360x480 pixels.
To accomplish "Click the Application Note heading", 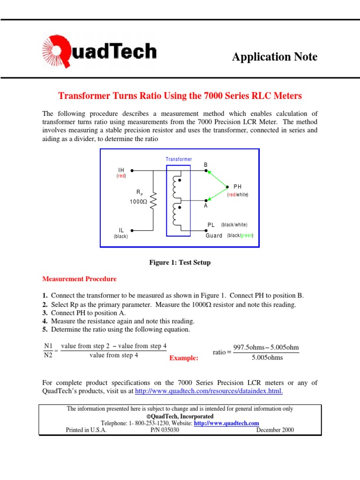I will (275, 57).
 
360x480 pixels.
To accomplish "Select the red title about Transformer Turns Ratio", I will (180, 96).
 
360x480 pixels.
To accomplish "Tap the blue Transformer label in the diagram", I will (179, 159).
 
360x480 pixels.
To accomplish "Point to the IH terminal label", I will (121, 171).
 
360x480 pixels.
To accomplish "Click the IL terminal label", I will (121, 230).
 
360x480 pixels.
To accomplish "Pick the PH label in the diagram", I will (237, 187).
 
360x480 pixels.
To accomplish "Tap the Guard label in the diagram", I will (214, 235).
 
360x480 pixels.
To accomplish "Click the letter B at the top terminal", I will (205, 165).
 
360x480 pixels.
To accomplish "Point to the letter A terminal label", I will (205, 206).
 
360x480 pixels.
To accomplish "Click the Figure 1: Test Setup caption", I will (180, 262).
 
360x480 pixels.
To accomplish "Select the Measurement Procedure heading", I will (79, 279).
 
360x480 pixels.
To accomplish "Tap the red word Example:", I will (184, 358).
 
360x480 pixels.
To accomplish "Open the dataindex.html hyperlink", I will (209, 391).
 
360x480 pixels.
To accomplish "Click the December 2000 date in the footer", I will (275, 430).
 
